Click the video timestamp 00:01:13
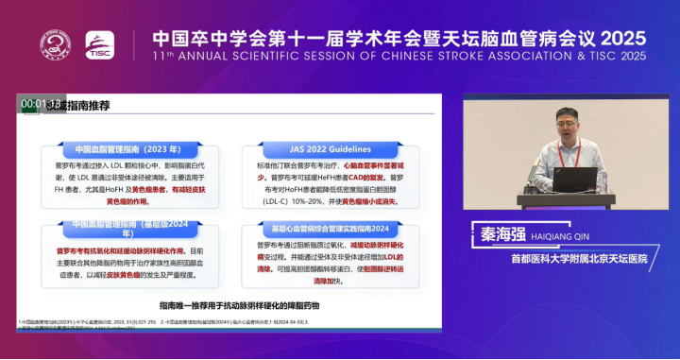[x=41, y=103]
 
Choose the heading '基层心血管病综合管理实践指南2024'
[x=317, y=230]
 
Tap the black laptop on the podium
[x=575, y=180]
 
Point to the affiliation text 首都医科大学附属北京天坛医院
[x=579, y=257]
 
